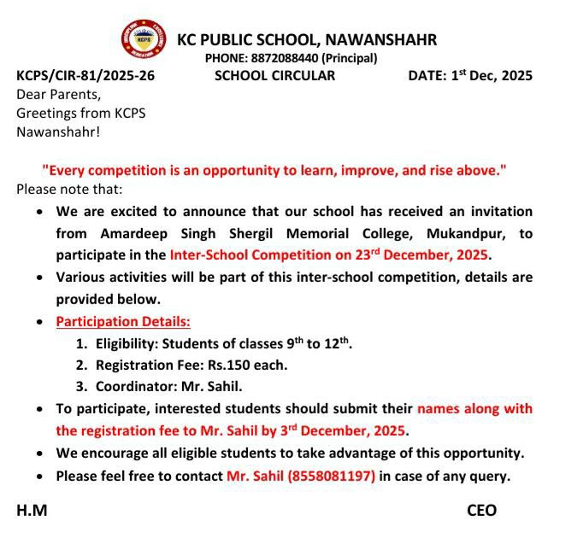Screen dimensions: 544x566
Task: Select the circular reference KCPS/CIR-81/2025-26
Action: click(x=85, y=75)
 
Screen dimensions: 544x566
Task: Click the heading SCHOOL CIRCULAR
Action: click(x=274, y=75)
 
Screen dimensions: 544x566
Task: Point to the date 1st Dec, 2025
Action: click(x=492, y=75)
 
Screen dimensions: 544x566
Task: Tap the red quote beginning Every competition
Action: click(x=274, y=171)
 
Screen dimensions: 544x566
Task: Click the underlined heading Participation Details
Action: click(x=123, y=321)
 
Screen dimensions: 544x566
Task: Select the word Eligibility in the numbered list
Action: click(x=129, y=343)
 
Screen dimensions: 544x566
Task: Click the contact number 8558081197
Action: click(x=331, y=476)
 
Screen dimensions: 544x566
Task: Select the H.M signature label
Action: click(x=32, y=511)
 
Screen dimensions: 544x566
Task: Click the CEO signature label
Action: click(x=481, y=511)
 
